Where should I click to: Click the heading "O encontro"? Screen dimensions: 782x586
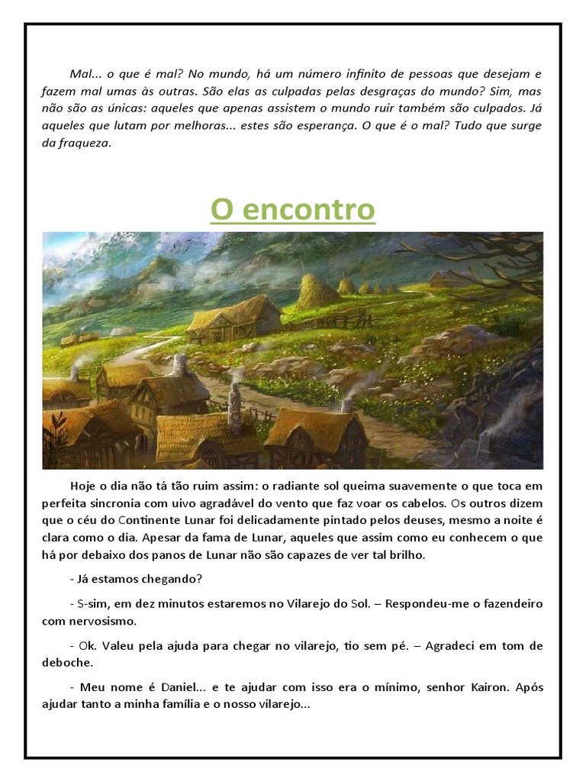(x=293, y=209)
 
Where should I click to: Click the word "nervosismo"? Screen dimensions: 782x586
(x=100, y=620)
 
